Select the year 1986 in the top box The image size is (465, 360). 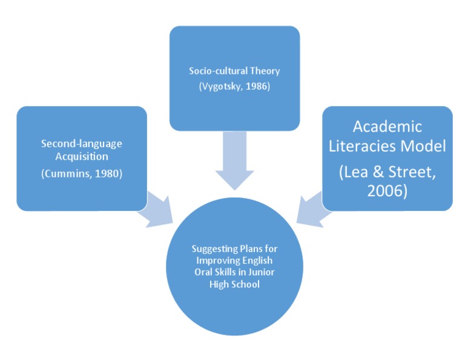(x=257, y=86)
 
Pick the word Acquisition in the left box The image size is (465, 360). (x=81, y=158)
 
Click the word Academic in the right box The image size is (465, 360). (x=387, y=127)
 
